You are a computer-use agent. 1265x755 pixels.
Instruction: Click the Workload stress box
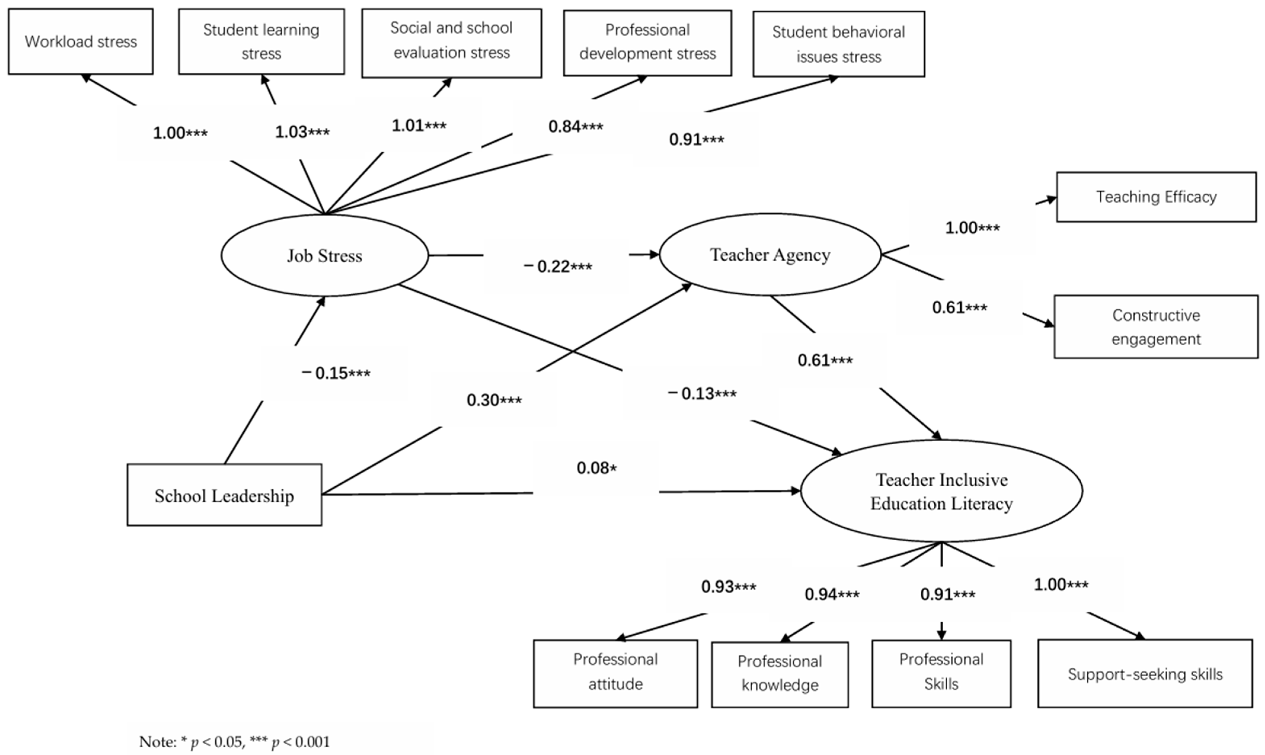[80, 41]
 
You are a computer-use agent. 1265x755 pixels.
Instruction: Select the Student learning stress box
[261, 41]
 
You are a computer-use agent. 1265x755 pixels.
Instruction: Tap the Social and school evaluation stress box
[451, 43]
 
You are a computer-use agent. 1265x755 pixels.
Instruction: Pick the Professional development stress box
[647, 43]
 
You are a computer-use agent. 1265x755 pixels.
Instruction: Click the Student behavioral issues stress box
[839, 44]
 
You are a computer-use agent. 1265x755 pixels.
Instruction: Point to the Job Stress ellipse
[325, 255]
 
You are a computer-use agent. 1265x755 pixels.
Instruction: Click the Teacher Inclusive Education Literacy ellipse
[941, 491]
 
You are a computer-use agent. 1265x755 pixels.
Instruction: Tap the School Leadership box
[224, 495]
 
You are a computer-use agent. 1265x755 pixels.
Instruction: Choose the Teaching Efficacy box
[1156, 197]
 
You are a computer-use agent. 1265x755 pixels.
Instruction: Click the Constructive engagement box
[1156, 327]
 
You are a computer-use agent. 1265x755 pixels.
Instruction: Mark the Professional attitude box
[615, 673]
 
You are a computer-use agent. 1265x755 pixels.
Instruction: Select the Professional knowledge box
[780, 674]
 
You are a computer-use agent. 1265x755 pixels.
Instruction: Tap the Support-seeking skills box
[1145, 674]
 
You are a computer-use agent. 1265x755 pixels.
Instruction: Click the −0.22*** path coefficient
[558, 266]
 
